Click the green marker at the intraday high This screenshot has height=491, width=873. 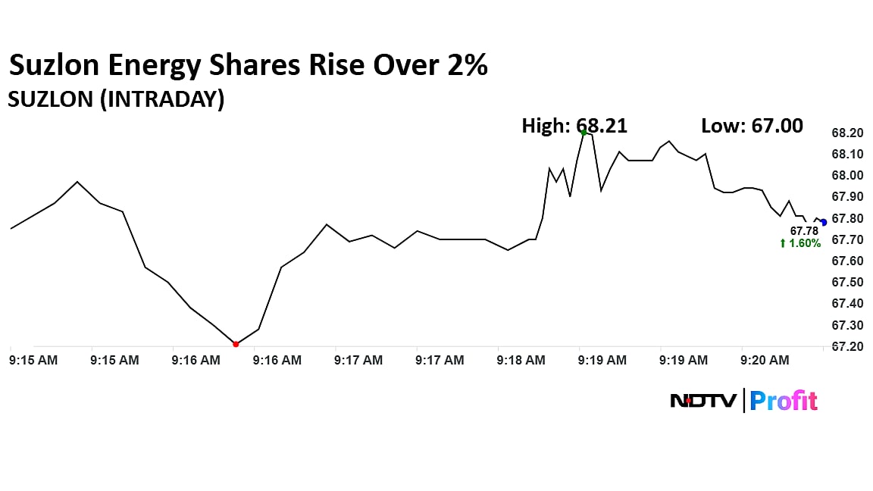584,132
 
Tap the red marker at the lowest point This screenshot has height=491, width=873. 236,344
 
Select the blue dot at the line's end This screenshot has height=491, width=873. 824,222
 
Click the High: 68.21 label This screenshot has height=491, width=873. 574,125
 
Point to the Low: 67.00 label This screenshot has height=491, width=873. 752,125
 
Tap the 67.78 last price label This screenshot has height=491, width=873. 804,231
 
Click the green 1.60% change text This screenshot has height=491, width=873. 800,243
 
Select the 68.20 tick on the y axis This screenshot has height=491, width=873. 847,133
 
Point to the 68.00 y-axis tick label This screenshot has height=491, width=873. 847,176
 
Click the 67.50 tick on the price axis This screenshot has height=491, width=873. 847,283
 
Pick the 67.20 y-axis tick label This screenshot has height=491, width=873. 847,347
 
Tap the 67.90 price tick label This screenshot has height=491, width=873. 847,197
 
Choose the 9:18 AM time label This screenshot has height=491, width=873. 521,361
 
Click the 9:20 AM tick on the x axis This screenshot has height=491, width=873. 765,361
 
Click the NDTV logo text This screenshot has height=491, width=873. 702,401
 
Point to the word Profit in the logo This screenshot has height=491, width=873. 784,401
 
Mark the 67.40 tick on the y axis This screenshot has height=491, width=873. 847,304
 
